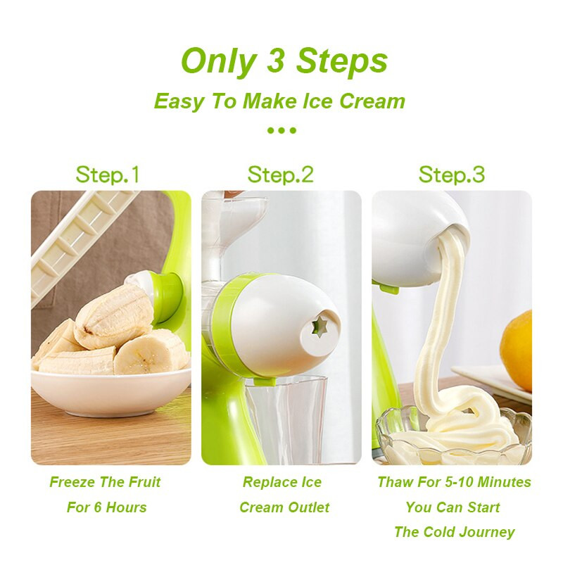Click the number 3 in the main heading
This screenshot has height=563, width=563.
(275, 61)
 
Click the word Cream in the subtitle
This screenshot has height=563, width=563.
(372, 101)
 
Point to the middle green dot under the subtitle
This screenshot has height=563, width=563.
(282, 130)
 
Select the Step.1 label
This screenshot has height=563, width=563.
(107, 175)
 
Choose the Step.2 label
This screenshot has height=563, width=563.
(280, 175)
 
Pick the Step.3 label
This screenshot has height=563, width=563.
(452, 175)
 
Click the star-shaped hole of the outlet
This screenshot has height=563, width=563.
(318, 327)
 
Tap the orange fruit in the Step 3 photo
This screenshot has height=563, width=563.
(517, 351)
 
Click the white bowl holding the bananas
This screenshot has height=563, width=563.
(110, 391)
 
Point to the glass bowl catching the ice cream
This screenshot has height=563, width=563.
(453, 436)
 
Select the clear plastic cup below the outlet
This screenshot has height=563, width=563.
(286, 418)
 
